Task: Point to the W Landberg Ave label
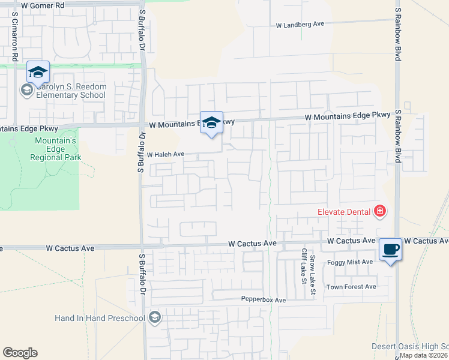(x=300, y=25)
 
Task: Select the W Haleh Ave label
(x=165, y=154)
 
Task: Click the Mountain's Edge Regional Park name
(x=55, y=149)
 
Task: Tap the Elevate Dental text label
(x=345, y=211)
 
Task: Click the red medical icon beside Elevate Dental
(x=379, y=211)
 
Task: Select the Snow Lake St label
(x=313, y=275)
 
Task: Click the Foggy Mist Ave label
(x=350, y=262)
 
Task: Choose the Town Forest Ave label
(x=351, y=287)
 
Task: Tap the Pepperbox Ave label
(x=264, y=299)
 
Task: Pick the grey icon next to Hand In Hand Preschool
(x=155, y=317)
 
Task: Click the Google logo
(x=20, y=353)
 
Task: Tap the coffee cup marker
(x=390, y=248)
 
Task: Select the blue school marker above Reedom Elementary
(x=38, y=73)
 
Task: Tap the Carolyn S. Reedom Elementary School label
(x=71, y=91)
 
